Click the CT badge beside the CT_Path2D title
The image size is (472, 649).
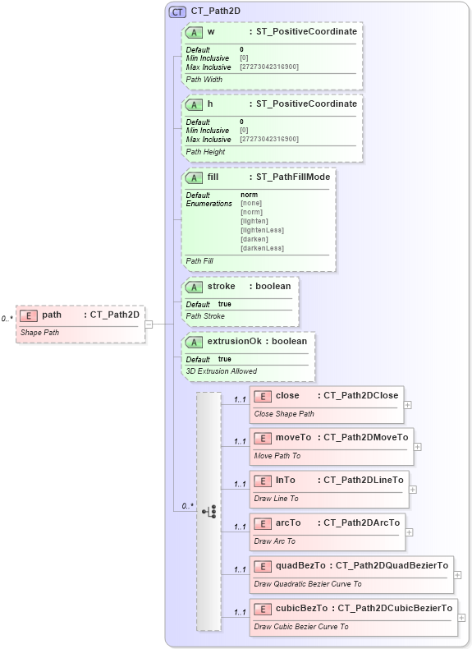[177, 12]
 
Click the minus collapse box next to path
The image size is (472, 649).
[149, 324]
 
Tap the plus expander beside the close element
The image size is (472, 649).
[408, 404]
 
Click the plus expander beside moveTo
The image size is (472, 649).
[417, 446]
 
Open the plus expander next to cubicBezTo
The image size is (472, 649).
[461, 618]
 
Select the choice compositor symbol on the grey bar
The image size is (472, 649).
[209, 511]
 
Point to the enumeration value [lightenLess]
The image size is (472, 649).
[262, 230]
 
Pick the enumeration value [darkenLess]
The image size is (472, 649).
[263, 248]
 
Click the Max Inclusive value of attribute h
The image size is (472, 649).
[269, 139]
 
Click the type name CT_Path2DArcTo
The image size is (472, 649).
[361, 522]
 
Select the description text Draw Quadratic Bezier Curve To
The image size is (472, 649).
[307, 584]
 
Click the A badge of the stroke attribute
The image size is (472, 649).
[194, 287]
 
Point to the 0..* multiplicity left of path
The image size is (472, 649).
[7, 319]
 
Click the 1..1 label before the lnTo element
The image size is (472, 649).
[240, 484]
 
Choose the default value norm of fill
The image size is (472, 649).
[249, 195]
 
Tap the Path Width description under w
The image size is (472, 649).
[205, 80]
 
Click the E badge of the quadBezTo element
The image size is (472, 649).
[263, 565]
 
